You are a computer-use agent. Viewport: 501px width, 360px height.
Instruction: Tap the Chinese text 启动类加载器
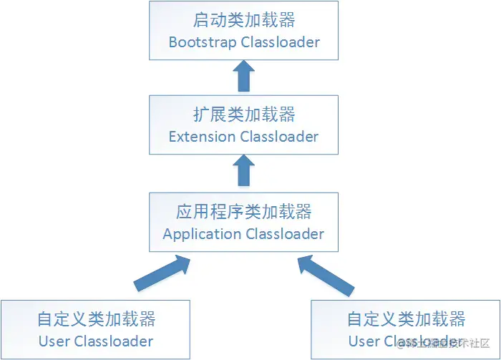coord(244,19)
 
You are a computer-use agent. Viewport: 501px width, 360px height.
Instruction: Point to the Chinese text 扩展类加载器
coord(244,115)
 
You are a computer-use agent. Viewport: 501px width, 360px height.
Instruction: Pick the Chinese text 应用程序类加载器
coord(244,212)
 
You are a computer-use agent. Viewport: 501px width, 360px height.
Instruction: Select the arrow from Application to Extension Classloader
coord(244,172)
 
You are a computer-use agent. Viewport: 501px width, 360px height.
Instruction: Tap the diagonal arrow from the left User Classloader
coord(163,274)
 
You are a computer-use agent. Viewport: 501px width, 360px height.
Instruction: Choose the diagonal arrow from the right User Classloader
coord(326,276)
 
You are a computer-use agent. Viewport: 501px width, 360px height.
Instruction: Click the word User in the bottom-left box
coord(54,341)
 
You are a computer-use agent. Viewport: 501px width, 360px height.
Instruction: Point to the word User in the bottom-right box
coord(364,341)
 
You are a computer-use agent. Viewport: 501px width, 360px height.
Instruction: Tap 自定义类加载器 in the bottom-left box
coord(96,318)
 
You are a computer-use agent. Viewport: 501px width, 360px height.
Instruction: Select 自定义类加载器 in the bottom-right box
coord(406,318)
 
